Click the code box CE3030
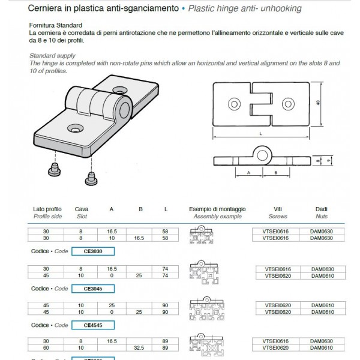tap(92, 252)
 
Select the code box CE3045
tap(92, 289)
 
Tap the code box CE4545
tap(92, 325)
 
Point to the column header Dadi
tap(321, 209)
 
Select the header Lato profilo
tap(47, 209)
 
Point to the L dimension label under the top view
tap(260, 133)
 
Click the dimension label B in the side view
tap(275, 172)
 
